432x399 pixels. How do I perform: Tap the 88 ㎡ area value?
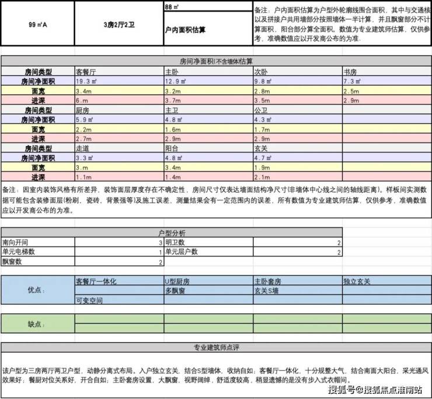[172, 7]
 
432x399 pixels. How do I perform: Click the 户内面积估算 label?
[186, 29]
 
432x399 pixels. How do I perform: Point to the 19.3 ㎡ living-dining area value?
[88, 82]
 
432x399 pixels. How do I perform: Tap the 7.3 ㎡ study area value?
[354, 82]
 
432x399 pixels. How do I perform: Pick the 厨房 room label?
[83, 110]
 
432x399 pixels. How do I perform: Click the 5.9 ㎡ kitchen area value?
[86, 120]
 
